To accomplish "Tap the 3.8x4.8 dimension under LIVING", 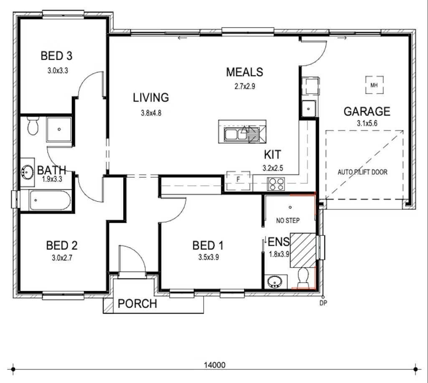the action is tap(151, 113).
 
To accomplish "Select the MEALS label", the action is tap(245, 72).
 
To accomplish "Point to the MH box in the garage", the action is tap(374, 85).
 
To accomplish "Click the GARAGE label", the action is tap(367, 111).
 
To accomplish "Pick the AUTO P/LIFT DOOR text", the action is tap(362, 172).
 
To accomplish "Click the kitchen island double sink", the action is tap(235, 134).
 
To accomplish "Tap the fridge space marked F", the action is tap(238, 180).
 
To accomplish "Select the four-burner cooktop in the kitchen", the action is tap(276, 184).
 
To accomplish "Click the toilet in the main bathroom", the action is tap(33, 126).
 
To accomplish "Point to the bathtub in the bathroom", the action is tap(50, 201).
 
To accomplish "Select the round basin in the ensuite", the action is tap(275, 281).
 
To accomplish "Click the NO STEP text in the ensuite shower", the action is tap(288, 220).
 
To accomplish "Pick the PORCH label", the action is tap(137, 303).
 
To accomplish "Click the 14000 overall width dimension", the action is tap(215, 365).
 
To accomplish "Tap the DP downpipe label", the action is tap(324, 303).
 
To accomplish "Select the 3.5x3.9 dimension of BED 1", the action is tap(209, 257).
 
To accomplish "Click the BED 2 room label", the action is tap(62, 245).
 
